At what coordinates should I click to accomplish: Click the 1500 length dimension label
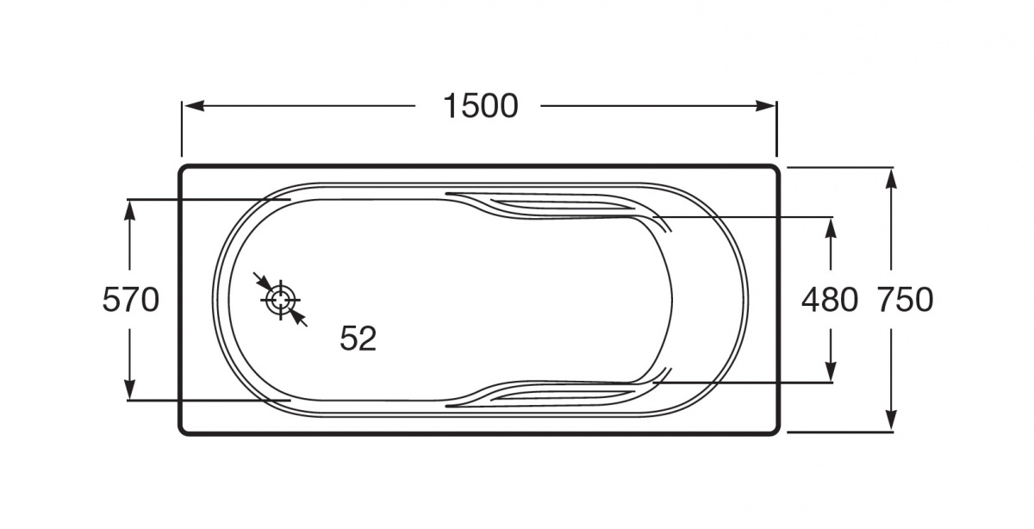click(481, 107)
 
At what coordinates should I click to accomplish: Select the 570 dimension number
click(131, 300)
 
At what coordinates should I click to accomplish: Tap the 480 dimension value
click(830, 300)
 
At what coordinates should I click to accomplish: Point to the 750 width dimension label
click(906, 300)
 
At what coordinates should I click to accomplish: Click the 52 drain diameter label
click(358, 339)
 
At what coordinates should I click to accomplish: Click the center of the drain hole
click(281, 300)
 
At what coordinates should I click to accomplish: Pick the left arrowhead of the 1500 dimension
click(195, 106)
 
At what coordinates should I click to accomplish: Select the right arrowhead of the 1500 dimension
click(765, 106)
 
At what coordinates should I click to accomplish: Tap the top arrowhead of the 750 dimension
click(892, 178)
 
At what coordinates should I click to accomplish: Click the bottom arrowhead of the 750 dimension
click(892, 420)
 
